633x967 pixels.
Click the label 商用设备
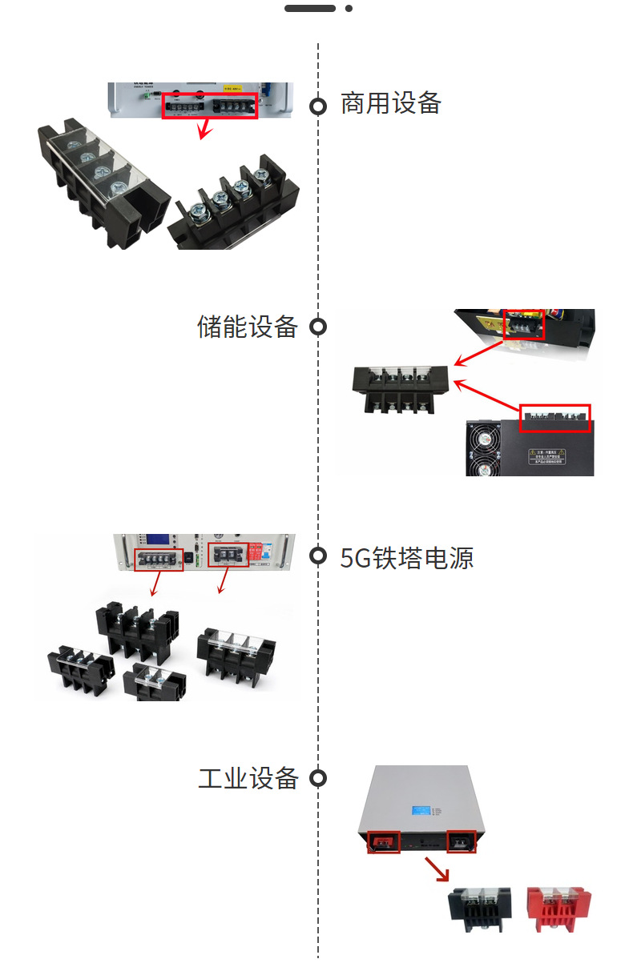point(390,104)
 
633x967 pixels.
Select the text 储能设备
point(247,327)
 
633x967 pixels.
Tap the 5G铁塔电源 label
point(406,558)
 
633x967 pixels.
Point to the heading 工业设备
point(248,778)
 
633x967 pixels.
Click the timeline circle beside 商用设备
point(318,106)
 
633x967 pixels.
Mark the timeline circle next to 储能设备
point(318,327)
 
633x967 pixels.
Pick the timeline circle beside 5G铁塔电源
point(318,556)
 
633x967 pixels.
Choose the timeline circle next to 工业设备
point(318,778)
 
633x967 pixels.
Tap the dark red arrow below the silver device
point(437,869)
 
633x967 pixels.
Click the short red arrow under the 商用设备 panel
point(206,127)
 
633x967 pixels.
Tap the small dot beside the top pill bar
point(349,8)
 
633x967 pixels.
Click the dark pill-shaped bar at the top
point(310,8)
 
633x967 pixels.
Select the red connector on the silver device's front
point(384,841)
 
